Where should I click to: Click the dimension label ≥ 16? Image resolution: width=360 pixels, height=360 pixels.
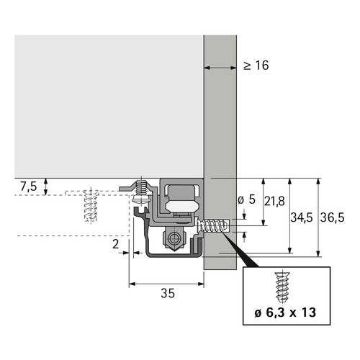(x=256, y=66)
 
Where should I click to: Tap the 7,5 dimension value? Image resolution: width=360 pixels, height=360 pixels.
(x=28, y=186)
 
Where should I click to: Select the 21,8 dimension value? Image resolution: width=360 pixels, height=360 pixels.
(x=274, y=201)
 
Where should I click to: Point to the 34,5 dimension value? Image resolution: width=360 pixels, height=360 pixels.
(x=302, y=217)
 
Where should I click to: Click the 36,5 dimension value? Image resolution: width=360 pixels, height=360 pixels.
(x=332, y=217)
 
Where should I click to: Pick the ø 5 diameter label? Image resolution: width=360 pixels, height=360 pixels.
(x=246, y=199)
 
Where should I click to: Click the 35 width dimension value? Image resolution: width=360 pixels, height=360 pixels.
(x=168, y=293)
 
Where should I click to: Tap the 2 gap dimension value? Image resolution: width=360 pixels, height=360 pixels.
(x=116, y=244)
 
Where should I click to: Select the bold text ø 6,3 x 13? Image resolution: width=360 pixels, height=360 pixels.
(x=285, y=312)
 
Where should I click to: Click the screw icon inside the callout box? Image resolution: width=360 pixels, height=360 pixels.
(x=283, y=287)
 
